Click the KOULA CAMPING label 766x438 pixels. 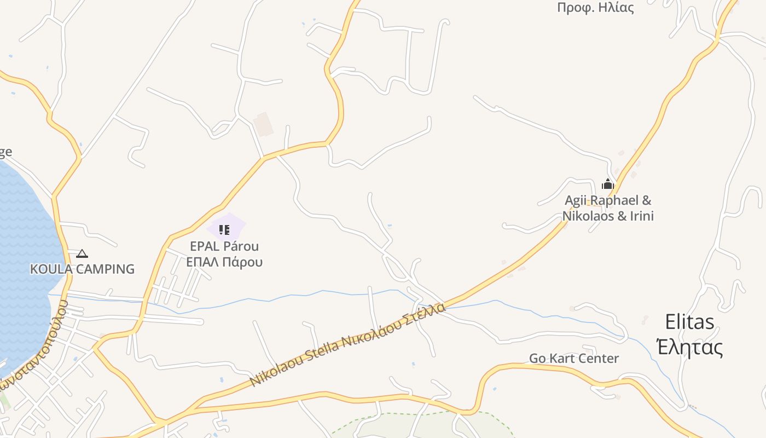(x=82, y=269)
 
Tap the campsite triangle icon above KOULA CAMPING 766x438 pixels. (x=82, y=253)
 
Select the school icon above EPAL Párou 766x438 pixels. (x=224, y=229)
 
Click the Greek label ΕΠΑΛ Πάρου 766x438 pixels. (x=224, y=262)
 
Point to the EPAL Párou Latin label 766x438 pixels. (x=224, y=246)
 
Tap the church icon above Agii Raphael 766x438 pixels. (x=608, y=185)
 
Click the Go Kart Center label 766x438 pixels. (x=574, y=359)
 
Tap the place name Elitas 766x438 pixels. (x=689, y=322)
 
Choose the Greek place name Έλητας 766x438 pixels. (x=689, y=347)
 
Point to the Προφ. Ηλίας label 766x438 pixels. (x=595, y=8)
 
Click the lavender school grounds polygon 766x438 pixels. (x=236, y=223)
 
